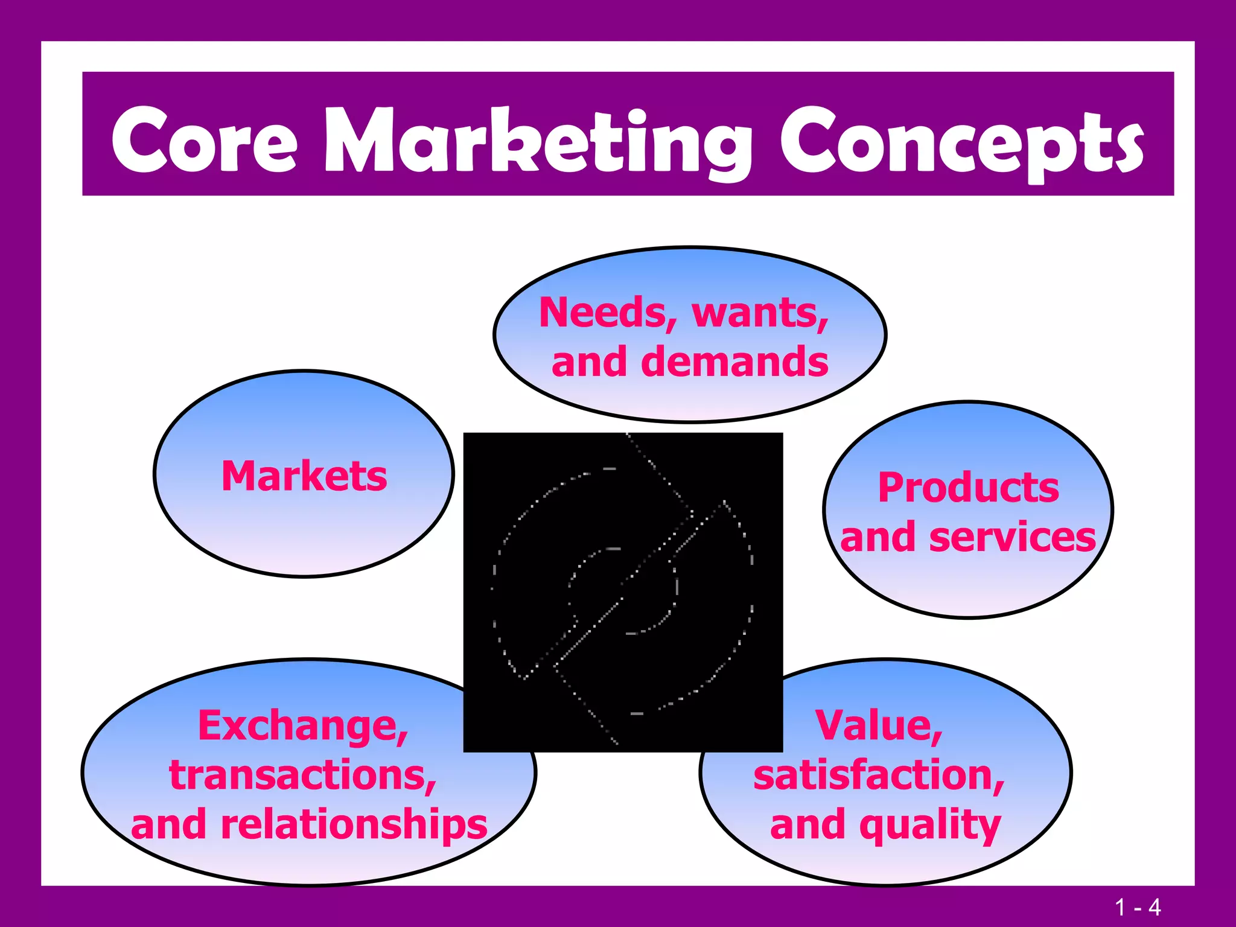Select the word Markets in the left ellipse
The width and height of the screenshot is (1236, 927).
click(x=304, y=476)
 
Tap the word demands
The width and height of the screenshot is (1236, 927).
click(x=734, y=362)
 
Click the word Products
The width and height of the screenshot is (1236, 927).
click(x=968, y=488)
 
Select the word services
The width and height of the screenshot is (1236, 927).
click(x=1012, y=537)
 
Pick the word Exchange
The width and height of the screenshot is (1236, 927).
click(x=303, y=726)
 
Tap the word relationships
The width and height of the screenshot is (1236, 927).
click(x=354, y=825)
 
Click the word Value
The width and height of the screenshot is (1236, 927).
click(x=879, y=726)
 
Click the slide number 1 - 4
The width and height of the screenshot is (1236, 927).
click(x=1138, y=907)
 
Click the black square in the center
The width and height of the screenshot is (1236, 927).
click(x=623, y=592)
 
